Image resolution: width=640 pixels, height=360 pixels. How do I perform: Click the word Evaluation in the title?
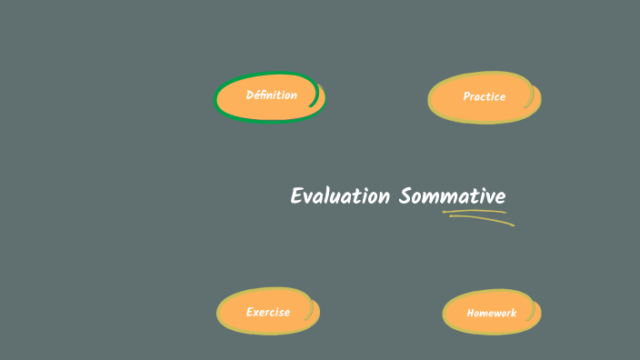pyautogui.click(x=340, y=196)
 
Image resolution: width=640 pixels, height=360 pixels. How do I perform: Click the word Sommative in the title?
pyautogui.click(x=452, y=196)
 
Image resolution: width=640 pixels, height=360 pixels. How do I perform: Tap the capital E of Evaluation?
pyautogui.click(x=296, y=196)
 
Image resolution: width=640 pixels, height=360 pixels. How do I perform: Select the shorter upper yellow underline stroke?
pyautogui.click(x=474, y=212)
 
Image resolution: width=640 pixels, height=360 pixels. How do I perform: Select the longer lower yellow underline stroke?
pyautogui.click(x=482, y=219)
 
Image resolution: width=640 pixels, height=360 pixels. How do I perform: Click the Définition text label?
pyautogui.click(x=271, y=95)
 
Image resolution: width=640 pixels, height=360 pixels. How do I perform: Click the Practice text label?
pyautogui.click(x=484, y=96)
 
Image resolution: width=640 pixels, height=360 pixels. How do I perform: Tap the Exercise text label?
pyautogui.click(x=268, y=312)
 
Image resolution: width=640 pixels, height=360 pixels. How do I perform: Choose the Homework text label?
pyautogui.click(x=491, y=313)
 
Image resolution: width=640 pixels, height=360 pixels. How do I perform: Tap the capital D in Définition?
pyautogui.click(x=250, y=95)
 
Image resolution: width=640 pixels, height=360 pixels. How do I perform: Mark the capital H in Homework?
pyautogui.click(x=471, y=313)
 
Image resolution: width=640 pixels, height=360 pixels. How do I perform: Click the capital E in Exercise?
pyautogui.click(x=250, y=312)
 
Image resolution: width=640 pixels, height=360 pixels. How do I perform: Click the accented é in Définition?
pyautogui.click(x=257, y=95)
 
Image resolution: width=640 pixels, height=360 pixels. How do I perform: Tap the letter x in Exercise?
pyautogui.click(x=257, y=312)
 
